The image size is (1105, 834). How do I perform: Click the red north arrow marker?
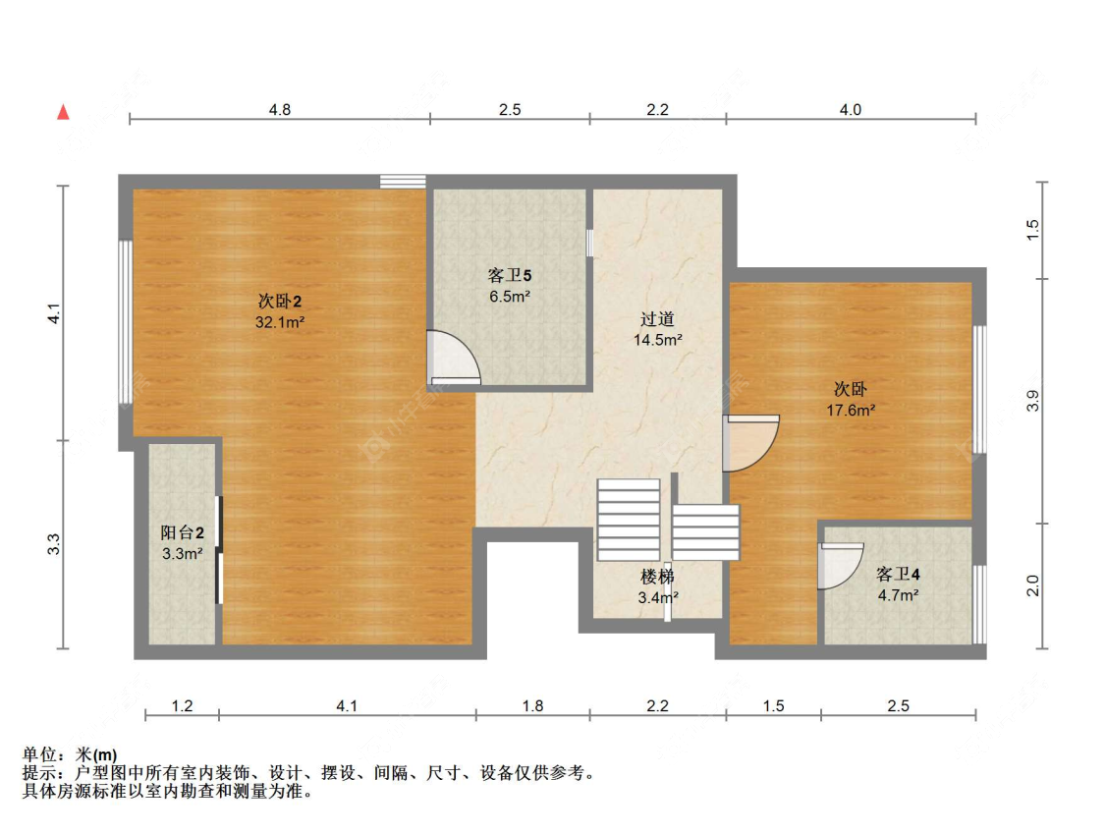(64, 112)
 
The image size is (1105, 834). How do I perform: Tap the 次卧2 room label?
(280, 302)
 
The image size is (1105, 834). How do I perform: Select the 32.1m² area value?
(280, 323)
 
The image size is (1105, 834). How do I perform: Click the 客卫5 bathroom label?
(510, 276)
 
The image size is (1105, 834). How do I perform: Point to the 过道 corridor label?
(657, 319)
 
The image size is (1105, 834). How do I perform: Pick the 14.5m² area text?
(657, 340)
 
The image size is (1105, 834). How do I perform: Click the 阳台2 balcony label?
(183, 533)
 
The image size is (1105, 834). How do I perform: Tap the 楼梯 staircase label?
(657, 577)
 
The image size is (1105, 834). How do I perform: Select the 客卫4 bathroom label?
(898, 575)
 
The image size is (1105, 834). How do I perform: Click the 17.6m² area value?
(851, 411)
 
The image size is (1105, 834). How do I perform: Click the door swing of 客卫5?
(456, 359)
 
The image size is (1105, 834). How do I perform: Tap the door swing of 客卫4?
(840, 566)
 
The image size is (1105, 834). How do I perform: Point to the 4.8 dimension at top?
(280, 109)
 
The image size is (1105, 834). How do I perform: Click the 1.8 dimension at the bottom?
(532, 705)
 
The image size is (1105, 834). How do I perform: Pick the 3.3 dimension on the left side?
(54, 544)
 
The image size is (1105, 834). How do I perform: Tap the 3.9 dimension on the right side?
(1032, 401)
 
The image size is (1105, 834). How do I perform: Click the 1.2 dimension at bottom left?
(183, 705)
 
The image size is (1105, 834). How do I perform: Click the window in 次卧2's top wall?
(403, 181)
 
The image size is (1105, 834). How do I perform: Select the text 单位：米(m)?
(70, 755)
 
